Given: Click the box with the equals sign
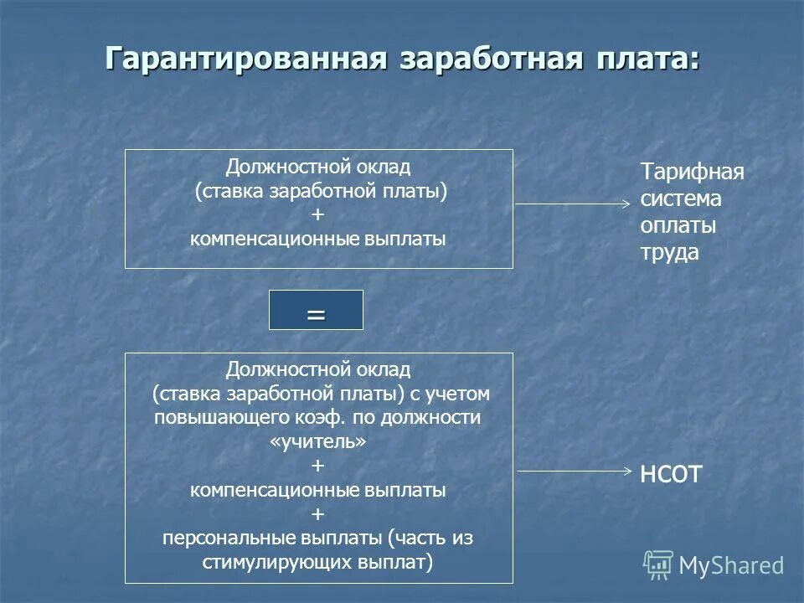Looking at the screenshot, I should (x=316, y=310).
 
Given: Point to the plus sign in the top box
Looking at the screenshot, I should (x=317, y=215).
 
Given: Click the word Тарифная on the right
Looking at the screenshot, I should (x=693, y=173).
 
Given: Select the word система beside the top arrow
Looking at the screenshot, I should (x=681, y=199).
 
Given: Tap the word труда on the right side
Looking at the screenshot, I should (x=670, y=253).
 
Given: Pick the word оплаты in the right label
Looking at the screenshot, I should (x=678, y=226).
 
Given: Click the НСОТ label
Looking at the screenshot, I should (x=670, y=475).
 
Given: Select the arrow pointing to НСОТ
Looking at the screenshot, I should (x=573, y=471).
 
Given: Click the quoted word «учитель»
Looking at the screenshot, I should (x=318, y=441).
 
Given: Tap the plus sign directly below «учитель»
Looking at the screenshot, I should (x=317, y=466).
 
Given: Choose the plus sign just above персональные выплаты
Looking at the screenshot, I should (x=317, y=513).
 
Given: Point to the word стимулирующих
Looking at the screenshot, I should (x=267, y=562).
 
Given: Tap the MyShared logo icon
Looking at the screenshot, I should (x=658, y=565).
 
